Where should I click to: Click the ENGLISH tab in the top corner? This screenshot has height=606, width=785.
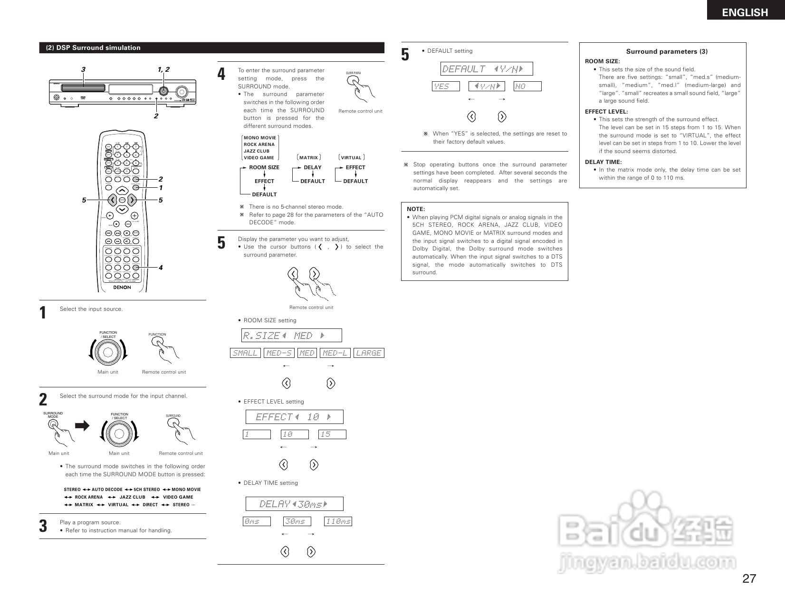click(x=745, y=12)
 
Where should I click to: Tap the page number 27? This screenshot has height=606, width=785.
click(x=749, y=578)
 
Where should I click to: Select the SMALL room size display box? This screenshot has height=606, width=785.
click(x=245, y=353)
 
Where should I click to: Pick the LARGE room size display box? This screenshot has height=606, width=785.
click(x=369, y=353)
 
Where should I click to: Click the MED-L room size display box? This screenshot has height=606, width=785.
click(x=335, y=353)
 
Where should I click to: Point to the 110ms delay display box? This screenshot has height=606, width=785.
click(x=338, y=521)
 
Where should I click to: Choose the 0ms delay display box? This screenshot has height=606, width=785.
click(x=257, y=521)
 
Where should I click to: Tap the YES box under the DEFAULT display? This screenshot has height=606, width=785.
click(x=446, y=86)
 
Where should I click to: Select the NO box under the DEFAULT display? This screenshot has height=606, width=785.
click(x=527, y=86)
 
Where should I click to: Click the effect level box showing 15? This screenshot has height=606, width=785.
click(x=332, y=434)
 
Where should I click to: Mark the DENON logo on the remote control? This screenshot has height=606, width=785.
click(x=122, y=287)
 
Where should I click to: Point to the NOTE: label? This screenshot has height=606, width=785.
click(x=416, y=209)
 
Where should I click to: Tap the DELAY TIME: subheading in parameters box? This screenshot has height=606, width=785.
click(x=603, y=162)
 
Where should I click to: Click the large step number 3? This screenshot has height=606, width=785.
click(x=43, y=526)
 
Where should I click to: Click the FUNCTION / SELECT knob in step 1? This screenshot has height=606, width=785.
click(x=108, y=352)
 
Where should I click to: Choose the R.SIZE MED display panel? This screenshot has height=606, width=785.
click(x=292, y=336)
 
